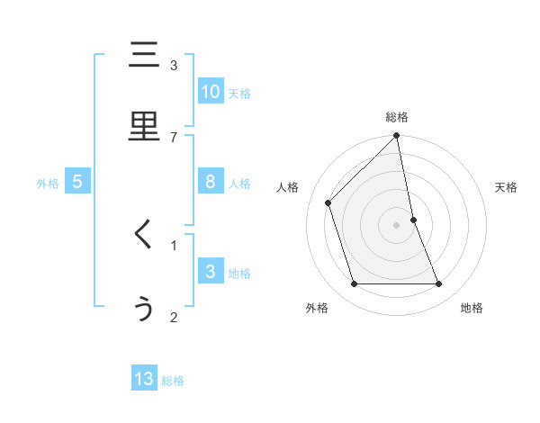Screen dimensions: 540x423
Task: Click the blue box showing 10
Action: [x=210, y=92]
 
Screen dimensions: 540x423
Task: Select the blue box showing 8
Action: [x=210, y=182]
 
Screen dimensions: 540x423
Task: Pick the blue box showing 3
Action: [x=210, y=272]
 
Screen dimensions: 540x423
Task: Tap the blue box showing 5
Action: [x=77, y=182]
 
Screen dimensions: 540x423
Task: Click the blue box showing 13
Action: [x=144, y=379]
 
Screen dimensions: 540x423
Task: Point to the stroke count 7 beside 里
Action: [x=174, y=137]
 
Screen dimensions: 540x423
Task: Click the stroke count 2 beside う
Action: [x=174, y=317]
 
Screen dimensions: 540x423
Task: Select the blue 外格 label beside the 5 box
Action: [x=48, y=184]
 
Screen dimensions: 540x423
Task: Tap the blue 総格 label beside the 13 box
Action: [x=173, y=381]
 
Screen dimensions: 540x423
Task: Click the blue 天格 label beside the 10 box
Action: [x=239, y=94]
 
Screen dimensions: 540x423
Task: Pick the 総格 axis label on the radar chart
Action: [x=397, y=117]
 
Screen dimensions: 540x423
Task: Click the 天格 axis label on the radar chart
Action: [x=506, y=187]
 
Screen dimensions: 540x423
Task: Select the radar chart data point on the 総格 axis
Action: [x=397, y=136]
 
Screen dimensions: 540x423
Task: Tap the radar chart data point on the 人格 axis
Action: [x=328, y=202]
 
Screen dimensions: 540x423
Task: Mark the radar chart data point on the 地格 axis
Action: [x=439, y=284]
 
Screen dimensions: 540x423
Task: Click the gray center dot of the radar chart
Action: [x=397, y=224]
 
